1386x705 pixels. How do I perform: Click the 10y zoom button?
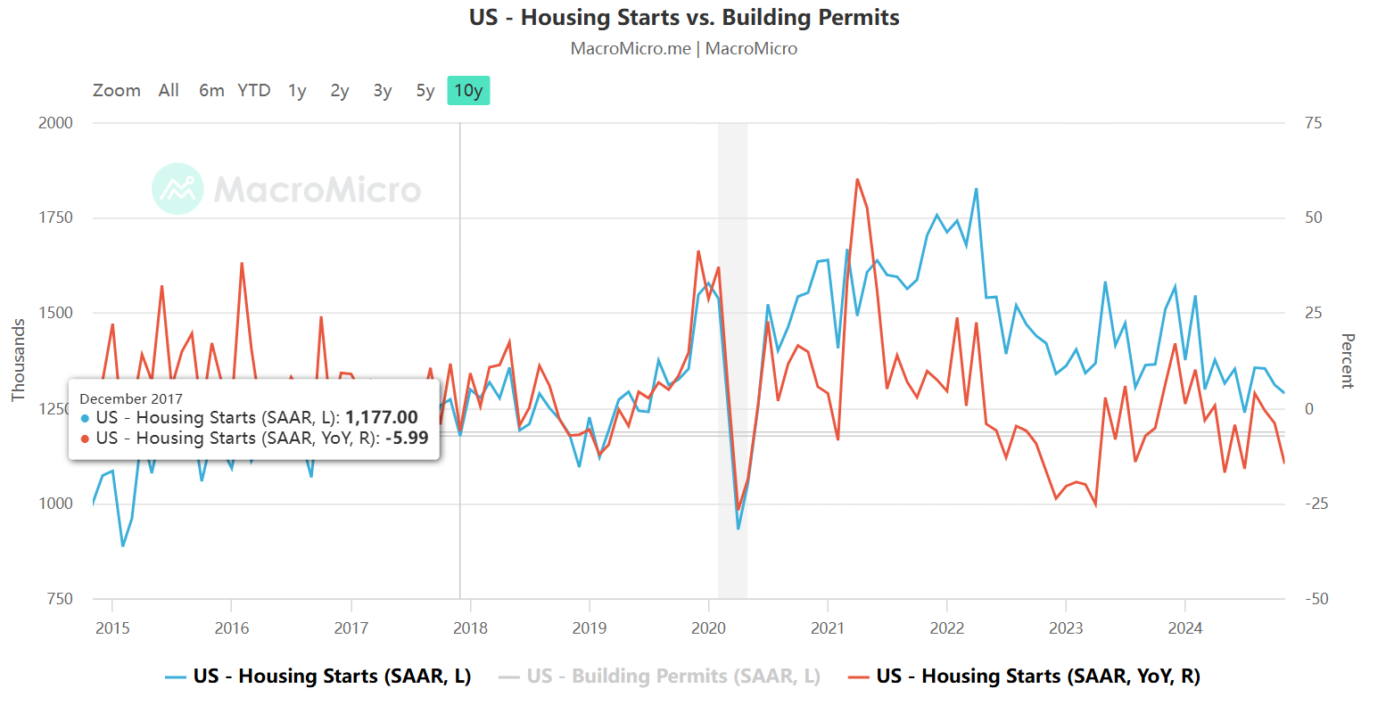pyautogui.click(x=468, y=91)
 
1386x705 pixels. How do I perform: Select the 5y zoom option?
pyautogui.click(x=425, y=91)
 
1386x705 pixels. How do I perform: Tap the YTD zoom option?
pyautogui.click(x=254, y=91)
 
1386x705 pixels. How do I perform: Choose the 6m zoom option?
pyautogui.click(x=211, y=91)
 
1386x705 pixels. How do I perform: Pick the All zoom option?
pyautogui.click(x=169, y=91)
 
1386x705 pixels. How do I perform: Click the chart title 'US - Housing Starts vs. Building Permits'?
pyautogui.click(x=684, y=18)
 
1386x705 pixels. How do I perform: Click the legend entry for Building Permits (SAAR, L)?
pyautogui.click(x=659, y=676)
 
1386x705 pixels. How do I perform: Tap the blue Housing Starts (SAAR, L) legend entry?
pyautogui.click(x=318, y=676)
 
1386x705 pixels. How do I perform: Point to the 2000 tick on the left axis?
pyautogui.click(x=55, y=123)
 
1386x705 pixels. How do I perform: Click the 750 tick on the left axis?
pyautogui.click(x=59, y=599)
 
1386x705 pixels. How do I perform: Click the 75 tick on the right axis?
pyautogui.click(x=1313, y=123)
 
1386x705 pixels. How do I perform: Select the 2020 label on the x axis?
pyautogui.click(x=708, y=628)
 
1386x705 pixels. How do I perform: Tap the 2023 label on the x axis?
pyautogui.click(x=1066, y=628)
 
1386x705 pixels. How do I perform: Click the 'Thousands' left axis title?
pyautogui.click(x=19, y=360)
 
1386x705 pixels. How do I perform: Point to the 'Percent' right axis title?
pyautogui.click(x=1347, y=361)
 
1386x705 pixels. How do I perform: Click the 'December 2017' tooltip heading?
pyautogui.click(x=131, y=399)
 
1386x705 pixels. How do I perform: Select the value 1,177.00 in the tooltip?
pyautogui.click(x=382, y=418)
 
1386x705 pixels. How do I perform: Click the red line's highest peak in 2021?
pyautogui.click(x=857, y=179)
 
